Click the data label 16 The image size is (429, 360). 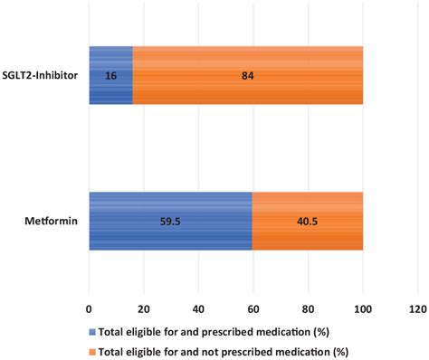[110, 76]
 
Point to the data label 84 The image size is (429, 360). [248, 76]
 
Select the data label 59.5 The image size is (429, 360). [170, 222]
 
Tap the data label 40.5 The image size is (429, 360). [307, 222]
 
